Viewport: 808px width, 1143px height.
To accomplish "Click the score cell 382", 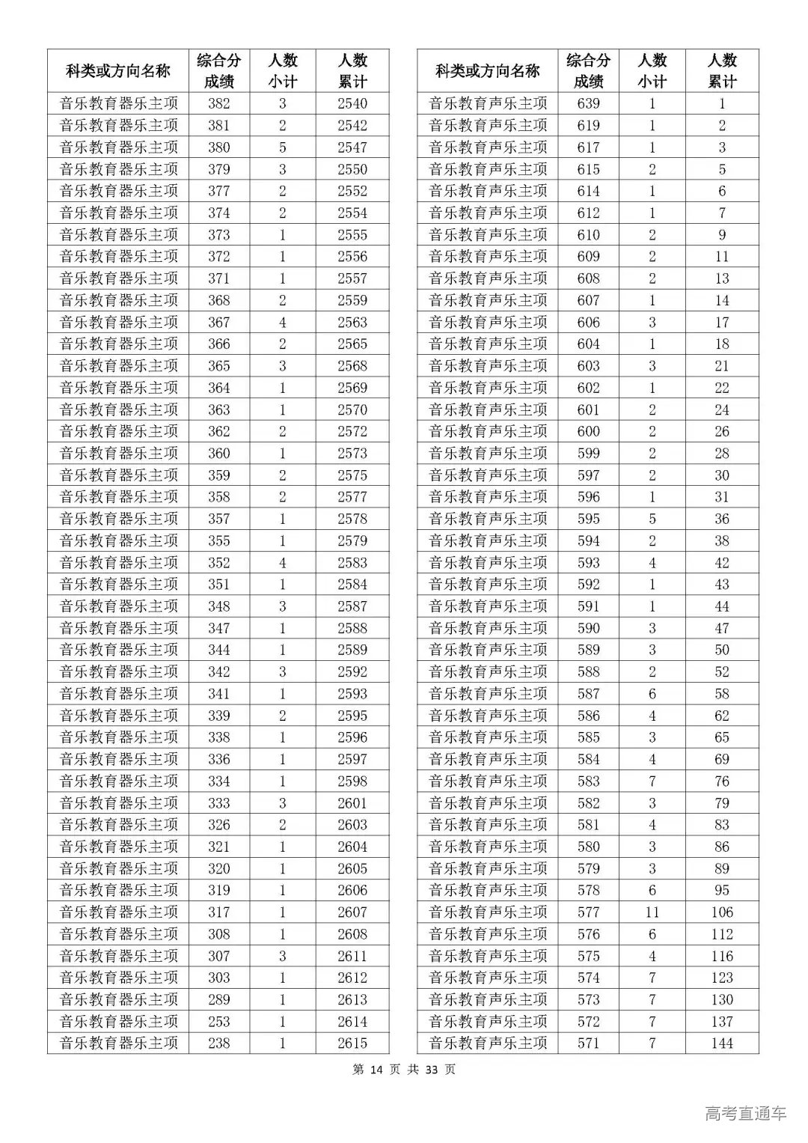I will click(x=219, y=103).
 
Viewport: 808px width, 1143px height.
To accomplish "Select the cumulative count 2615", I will click(x=352, y=1043).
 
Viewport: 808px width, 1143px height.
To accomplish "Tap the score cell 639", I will click(x=588, y=103).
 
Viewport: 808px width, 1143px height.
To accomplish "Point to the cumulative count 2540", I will click(x=352, y=103).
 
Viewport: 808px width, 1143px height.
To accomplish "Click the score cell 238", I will click(x=219, y=1043).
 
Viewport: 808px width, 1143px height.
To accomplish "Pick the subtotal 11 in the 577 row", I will click(x=652, y=912).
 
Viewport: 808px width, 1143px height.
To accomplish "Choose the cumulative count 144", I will click(x=722, y=1043).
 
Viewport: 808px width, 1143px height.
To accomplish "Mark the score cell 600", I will click(x=588, y=431).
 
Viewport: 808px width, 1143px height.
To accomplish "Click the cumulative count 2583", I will click(x=352, y=562).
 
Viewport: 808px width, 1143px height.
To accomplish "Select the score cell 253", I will click(x=219, y=1021).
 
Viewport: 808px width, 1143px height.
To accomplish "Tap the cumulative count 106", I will click(x=722, y=912).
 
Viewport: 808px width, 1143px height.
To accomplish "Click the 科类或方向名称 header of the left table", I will click(x=118, y=71).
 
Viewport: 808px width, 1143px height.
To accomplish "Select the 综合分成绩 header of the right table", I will click(x=588, y=71).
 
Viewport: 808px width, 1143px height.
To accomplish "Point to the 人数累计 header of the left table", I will click(x=352, y=71).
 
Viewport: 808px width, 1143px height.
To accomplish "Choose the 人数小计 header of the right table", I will click(x=652, y=71).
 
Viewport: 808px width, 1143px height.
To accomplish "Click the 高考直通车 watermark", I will click(x=745, y=1114).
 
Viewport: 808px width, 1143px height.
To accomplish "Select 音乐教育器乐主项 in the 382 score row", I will click(x=118, y=103).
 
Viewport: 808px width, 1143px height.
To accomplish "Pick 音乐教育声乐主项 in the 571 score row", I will click(x=488, y=1043).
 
